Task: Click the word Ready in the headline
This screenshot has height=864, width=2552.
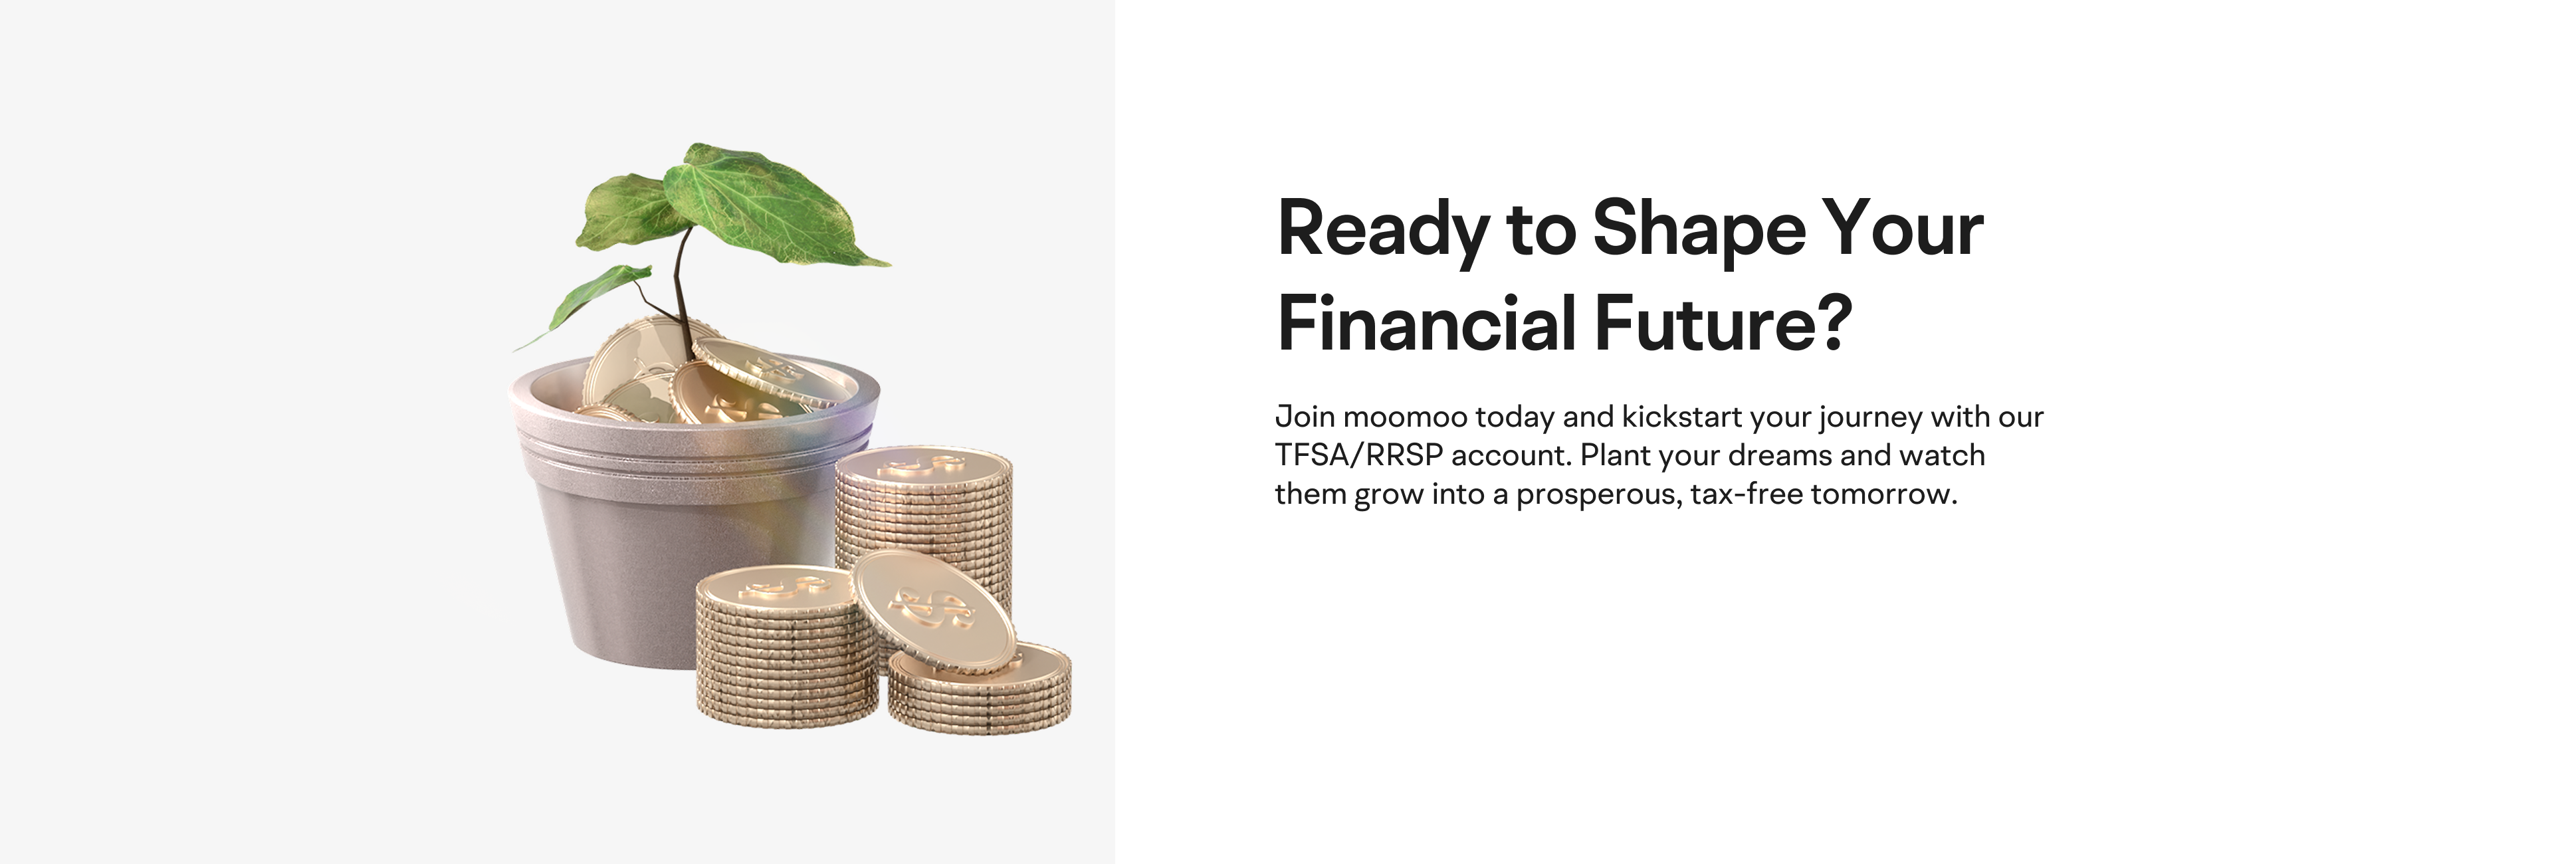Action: pyautogui.click(x=1383, y=230)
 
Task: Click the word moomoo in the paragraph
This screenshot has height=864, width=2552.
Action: pyautogui.click(x=1405, y=417)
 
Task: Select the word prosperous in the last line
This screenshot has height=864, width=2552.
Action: pyautogui.click(x=1599, y=494)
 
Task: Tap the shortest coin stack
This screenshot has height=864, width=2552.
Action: pyautogui.click(x=980, y=688)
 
